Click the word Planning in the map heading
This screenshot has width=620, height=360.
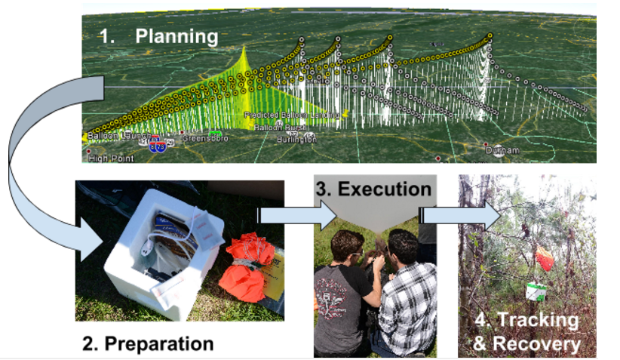[x=176, y=35]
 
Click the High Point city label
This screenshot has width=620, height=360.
[x=111, y=158]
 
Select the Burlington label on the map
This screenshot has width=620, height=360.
[x=296, y=140]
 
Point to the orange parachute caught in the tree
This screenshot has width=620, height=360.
[x=546, y=257]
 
